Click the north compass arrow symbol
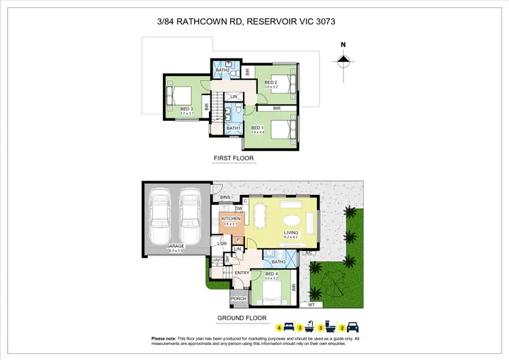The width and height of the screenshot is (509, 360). coord(343,61)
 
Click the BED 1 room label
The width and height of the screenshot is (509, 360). coord(257,127)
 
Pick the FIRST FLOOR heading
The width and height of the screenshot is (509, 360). coord(233,158)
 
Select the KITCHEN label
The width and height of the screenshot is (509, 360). coord(231,219)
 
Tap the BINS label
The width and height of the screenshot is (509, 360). coord(226,197)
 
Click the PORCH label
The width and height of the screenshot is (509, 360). coord(238,298)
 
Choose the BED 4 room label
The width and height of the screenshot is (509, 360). coord(272,274)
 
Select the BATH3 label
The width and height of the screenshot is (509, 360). coord(278,262)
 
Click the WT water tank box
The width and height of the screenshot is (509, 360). coord(312,305)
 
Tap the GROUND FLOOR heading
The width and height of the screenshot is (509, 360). coord(242,317)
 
